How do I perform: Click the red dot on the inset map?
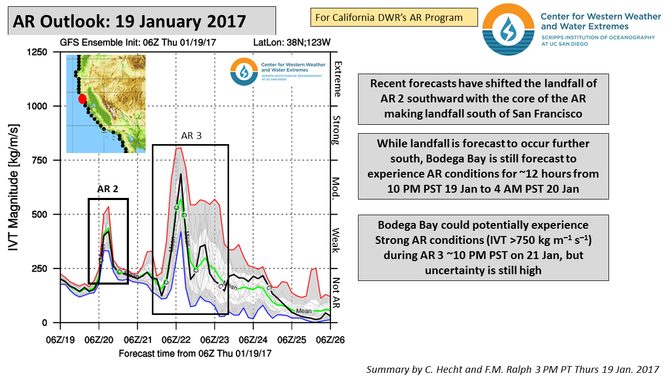pos(82,99)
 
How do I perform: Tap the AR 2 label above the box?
pos(108,189)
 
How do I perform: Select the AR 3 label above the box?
pos(191,136)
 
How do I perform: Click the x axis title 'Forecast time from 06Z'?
pos(195,354)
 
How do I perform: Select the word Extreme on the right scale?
pos(338,79)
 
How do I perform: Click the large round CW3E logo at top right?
pos(508,29)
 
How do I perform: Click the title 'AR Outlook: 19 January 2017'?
pos(129,21)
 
